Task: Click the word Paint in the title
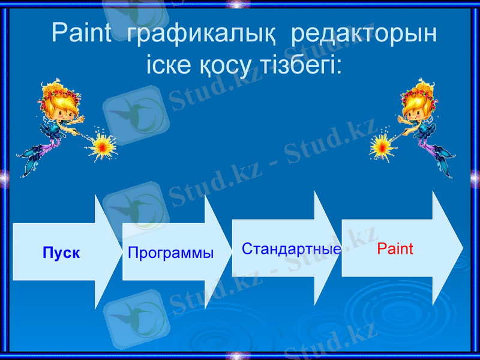pyautogui.click(x=81, y=33)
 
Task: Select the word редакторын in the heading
pyautogui.click(x=364, y=34)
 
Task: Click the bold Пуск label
pyautogui.click(x=61, y=253)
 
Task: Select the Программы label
pyautogui.click(x=171, y=253)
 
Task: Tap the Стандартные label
pyautogui.click(x=292, y=248)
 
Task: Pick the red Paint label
pyautogui.click(x=395, y=248)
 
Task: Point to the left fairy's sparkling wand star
pyautogui.click(x=104, y=144)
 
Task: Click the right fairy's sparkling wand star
pyautogui.click(x=380, y=145)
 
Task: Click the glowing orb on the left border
pyautogui.click(x=3, y=177)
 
